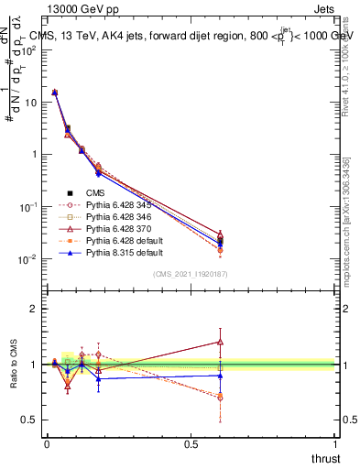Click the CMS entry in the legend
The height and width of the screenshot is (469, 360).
tap(95, 192)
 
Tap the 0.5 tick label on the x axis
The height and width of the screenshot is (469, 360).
tap(191, 443)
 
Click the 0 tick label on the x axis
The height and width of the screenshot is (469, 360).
tap(47, 443)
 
